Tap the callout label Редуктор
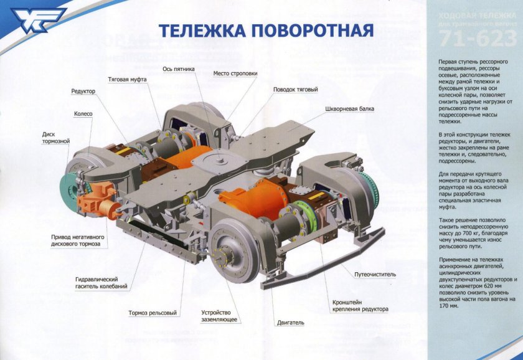[x=83, y=91]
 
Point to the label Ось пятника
[x=179, y=69]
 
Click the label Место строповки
[x=235, y=73]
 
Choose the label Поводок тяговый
[x=296, y=90]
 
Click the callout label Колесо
[x=83, y=114]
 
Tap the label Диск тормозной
[x=56, y=137]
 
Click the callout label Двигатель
[x=291, y=323]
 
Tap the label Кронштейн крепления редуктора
[x=360, y=305]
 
